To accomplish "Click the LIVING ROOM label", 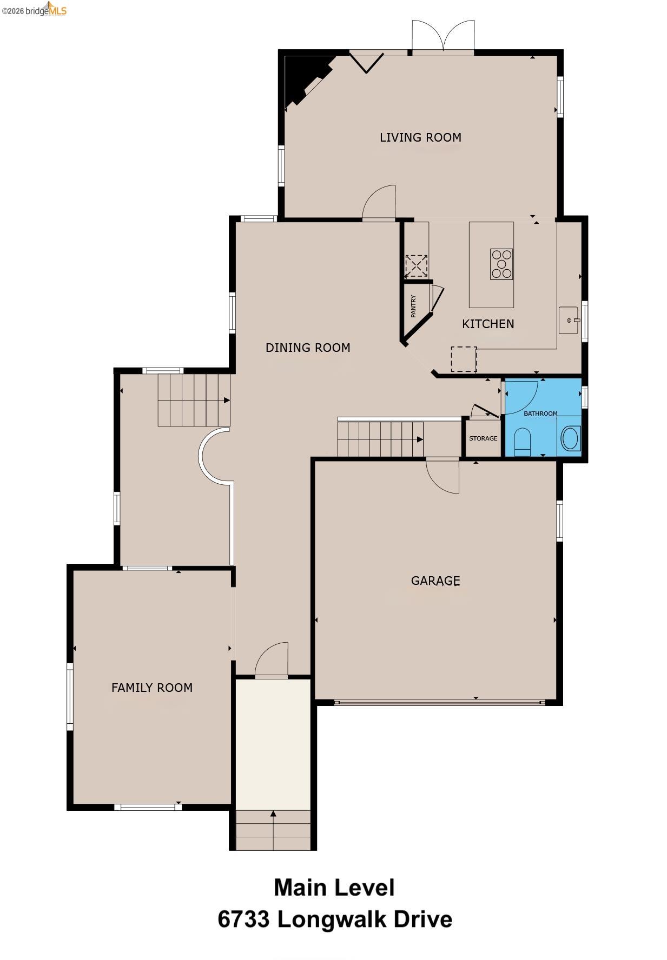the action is click(x=420, y=137).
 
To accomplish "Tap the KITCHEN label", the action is click(x=488, y=324).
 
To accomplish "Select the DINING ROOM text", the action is click(x=308, y=348).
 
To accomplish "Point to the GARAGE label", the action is click(x=435, y=581).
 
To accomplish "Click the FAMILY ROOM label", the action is click(x=152, y=688).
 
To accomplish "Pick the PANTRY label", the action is click(x=413, y=306).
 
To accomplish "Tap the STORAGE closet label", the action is click(x=483, y=438).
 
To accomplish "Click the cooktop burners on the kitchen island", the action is click(x=501, y=264).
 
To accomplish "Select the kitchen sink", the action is click(x=569, y=320).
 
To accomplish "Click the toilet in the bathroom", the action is click(x=523, y=441).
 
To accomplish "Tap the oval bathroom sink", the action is click(x=571, y=438).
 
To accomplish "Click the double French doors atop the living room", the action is click(x=443, y=36).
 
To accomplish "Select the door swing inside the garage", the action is click(x=443, y=476).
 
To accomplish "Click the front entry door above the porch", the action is click(x=272, y=659).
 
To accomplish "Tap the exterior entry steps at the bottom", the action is click(x=273, y=830).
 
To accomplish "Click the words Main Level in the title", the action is click(x=334, y=888).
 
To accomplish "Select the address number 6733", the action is click(x=243, y=919).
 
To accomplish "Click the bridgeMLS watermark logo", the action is click(x=34, y=9).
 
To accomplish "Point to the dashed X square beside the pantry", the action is click(x=416, y=266).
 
